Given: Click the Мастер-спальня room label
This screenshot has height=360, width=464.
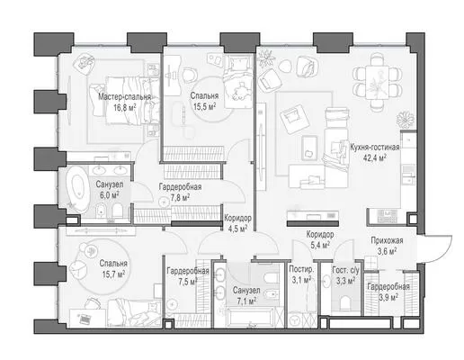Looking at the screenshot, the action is tap(124, 97).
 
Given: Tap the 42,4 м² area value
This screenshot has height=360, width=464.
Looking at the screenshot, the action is tap(375, 157).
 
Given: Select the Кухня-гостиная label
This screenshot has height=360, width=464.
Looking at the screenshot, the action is tap(375, 148).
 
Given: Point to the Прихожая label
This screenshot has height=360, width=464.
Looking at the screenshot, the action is tap(387, 240).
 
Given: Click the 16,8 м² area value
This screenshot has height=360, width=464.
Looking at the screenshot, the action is tap(125, 107).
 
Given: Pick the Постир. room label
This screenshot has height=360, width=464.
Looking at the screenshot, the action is tap(301, 269).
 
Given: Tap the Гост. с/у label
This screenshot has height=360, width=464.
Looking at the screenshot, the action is tap(345, 270).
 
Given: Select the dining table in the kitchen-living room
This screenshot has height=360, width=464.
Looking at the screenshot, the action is tap(377, 82).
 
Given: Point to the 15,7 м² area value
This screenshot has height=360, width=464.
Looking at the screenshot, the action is tap(113, 274).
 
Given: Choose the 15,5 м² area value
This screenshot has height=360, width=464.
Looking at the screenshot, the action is tap(204, 106).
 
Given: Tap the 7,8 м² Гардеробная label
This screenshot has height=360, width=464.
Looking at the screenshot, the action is tap(180, 187).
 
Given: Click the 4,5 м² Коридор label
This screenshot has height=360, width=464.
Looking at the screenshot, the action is tap(238, 218).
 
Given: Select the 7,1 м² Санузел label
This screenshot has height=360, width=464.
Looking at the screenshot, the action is tap(246, 291).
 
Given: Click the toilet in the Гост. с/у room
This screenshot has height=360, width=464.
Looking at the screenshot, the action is tap(345, 302).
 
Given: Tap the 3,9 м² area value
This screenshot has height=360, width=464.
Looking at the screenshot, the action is tap(388, 297).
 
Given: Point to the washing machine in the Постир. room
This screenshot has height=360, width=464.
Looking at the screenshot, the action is tap(295, 321).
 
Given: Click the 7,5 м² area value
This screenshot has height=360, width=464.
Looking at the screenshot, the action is tap(187, 281).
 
